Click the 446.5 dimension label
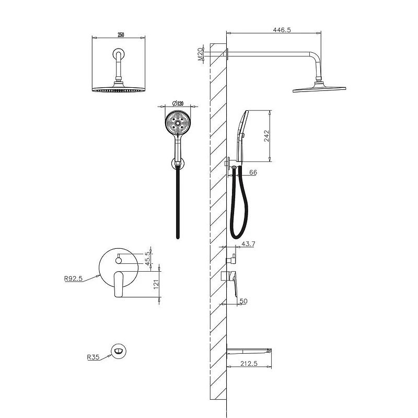(282, 30)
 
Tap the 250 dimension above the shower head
(121, 35)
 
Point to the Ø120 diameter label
(178, 103)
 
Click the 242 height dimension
(266, 136)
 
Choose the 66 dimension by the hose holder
(253, 172)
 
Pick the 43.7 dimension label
(248, 243)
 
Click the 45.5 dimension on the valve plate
(148, 258)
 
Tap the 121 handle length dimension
(156, 284)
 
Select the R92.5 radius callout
(74, 278)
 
